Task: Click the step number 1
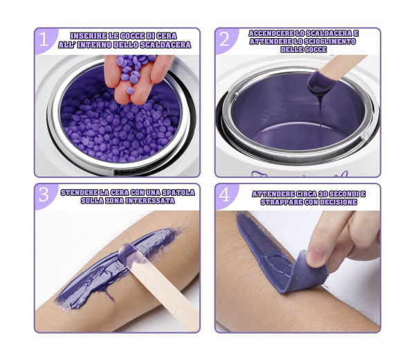click(x=44, y=39)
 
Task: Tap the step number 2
click(x=224, y=39)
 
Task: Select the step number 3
click(x=44, y=195)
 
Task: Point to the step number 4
click(x=224, y=195)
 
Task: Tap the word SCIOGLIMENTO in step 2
click(x=330, y=42)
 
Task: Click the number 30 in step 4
click(x=324, y=194)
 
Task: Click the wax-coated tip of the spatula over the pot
click(x=321, y=81)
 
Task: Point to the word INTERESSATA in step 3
click(x=150, y=201)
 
